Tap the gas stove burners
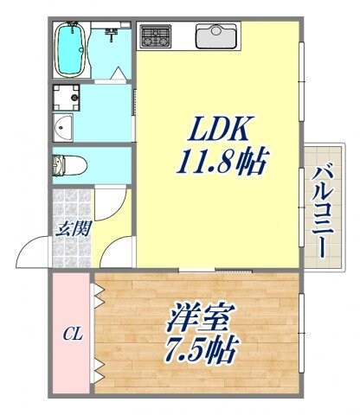(156, 38)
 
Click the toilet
(65, 164)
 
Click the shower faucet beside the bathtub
(111, 35)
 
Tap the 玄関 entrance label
(72, 230)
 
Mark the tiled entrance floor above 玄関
(72, 203)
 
